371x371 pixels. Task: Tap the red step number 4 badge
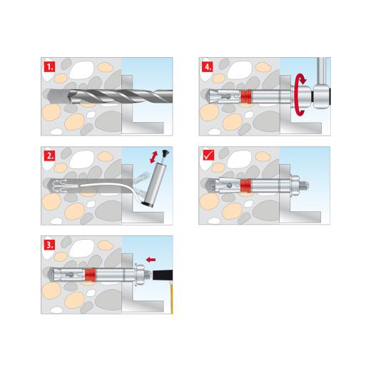(208, 68)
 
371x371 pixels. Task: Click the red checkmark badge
(208, 156)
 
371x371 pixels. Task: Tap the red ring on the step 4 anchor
(247, 96)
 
